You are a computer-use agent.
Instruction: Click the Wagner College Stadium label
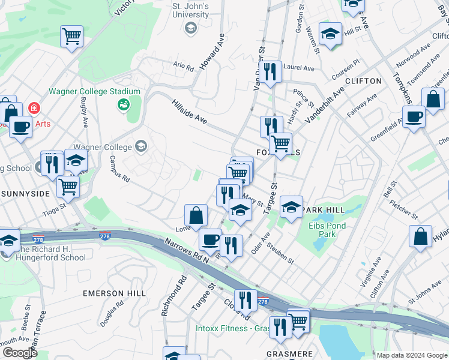coord(94,92)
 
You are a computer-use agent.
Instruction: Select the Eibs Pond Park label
coord(331,230)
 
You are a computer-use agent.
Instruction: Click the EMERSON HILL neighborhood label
coord(115,293)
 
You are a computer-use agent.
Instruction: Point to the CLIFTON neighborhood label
coord(364,81)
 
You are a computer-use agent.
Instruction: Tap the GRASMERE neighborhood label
coord(290,354)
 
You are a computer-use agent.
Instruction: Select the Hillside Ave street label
coord(189,112)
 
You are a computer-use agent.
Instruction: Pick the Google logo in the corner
coord(20,353)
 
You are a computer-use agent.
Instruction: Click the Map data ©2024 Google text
coord(412,355)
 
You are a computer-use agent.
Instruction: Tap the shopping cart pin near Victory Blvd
coord(71,37)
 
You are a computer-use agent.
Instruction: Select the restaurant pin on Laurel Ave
coord(271,72)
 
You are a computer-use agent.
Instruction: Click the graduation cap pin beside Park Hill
coord(291,208)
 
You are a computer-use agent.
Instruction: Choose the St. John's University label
coord(190,10)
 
